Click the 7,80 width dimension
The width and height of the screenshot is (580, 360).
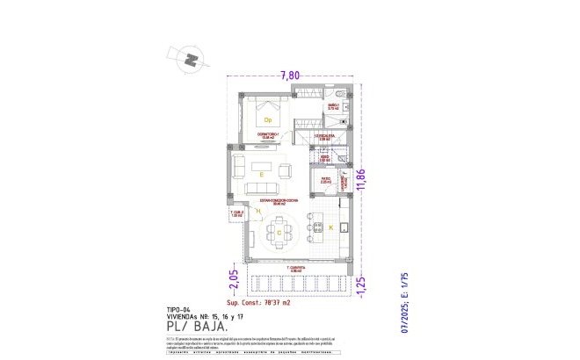pyautogui.click(x=290, y=76)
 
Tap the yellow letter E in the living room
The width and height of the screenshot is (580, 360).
pyautogui.click(x=262, y=175)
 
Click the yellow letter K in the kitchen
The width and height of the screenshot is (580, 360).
pyautogui.click(x=331, y=227)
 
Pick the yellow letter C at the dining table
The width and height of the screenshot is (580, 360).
pyautogui.click(x=279, y=232)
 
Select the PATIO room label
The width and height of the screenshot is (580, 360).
pyautogui.click(x=325, y=180)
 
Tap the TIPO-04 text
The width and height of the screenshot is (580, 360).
pyautogui.click(x=178, y=310)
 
